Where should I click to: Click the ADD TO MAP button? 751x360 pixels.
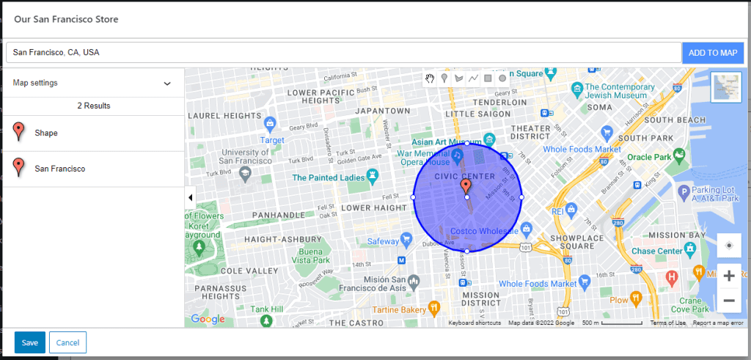[712, 53]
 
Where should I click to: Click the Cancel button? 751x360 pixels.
[67, 342]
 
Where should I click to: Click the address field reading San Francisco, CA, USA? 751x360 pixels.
[343, 53]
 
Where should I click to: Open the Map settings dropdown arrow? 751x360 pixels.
[167, 84]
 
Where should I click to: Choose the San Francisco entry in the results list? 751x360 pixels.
[59, 169]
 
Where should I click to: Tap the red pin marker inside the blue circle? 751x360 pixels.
[466, 187]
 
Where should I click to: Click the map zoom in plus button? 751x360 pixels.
[729, 276]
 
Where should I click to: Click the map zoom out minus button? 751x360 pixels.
[729, 300]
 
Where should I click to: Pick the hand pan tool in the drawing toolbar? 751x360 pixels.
[430, 78]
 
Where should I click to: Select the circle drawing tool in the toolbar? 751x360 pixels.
[502, 78]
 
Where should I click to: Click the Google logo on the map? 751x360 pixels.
[208, 319]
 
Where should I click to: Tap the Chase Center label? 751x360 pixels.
[656, 251]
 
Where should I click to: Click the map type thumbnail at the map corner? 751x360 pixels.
[726, 87]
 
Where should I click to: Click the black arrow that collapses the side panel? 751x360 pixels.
[191, 197]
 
